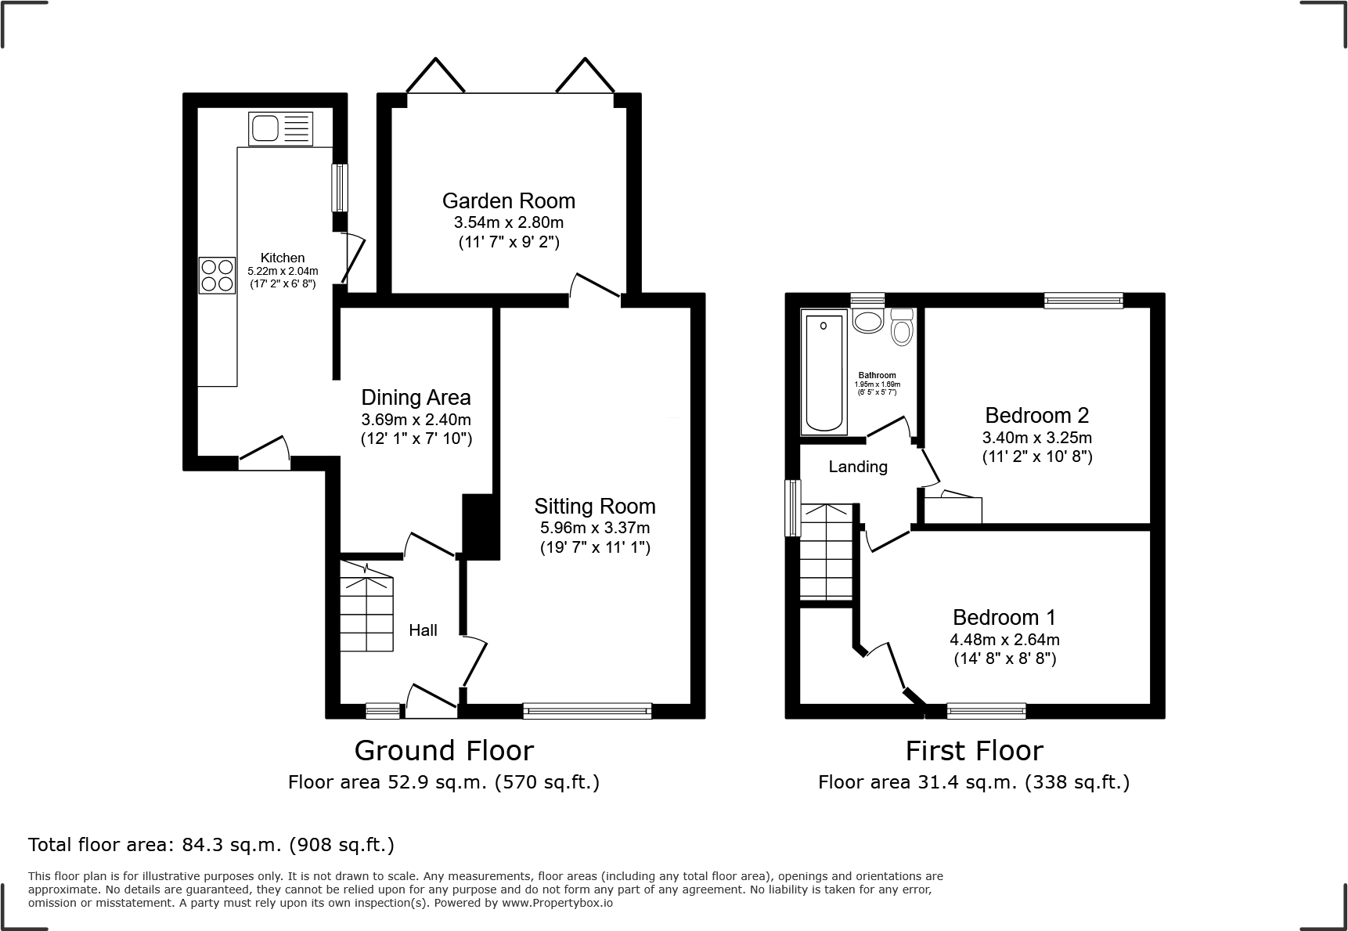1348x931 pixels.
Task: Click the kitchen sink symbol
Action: pyautogui.click(x=281, y=129)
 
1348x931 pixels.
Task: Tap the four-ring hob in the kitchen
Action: pyautogui.click(x=218, y=276)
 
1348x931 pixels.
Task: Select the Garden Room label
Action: pyautogui.click(x=509, y=201)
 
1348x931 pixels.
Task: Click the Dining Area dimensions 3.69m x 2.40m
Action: pyautogui.click(x=416, y=420)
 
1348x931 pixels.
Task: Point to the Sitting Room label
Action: pyautogui.click(x=595, y=507)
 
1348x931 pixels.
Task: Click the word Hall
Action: pyautogui.click(x=423, y=630)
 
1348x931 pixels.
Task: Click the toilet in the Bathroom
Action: pyautogui.click(x=902, y=327)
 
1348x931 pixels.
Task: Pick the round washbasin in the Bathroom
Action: pyautogui.click(x=867, y=321)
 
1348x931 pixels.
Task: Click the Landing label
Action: pyautogui.click(x=858, y=467)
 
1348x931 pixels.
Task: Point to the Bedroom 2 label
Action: pyautogui.click(x=1037, y=415)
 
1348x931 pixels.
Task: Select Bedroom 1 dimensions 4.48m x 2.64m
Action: pyautogui.click(x=1005, y=640)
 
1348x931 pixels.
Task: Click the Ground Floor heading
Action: pyautogui.click(x=444, y=751)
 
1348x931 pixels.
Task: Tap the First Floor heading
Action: pyautogui.click(x=975, y=751)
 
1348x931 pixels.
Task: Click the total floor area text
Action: pyautogui.click(x=211, y=845)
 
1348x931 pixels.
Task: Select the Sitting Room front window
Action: pyautogui.click(x=588, y=710)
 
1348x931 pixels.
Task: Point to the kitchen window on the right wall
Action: pyautogui.click(x=340, y=187)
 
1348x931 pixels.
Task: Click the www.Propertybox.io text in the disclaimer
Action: pyautogui.click(x=557, y=903)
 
